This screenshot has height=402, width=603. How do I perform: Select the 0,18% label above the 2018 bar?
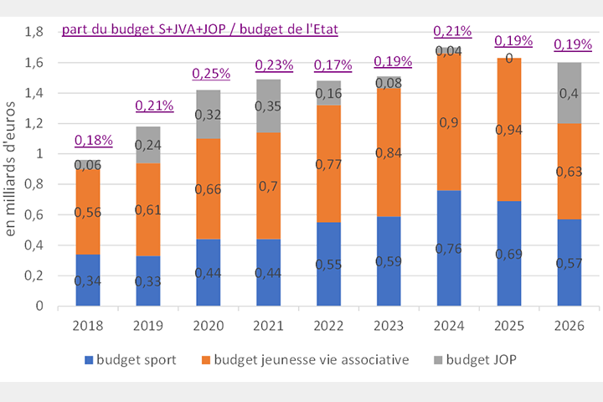[x=93, y=139]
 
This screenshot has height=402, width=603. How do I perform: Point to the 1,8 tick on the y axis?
[x=34, y=32]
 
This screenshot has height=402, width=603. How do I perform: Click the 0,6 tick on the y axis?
[x=34, y=214]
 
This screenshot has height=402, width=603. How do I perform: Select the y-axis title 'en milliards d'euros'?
[x=12, y=167]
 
